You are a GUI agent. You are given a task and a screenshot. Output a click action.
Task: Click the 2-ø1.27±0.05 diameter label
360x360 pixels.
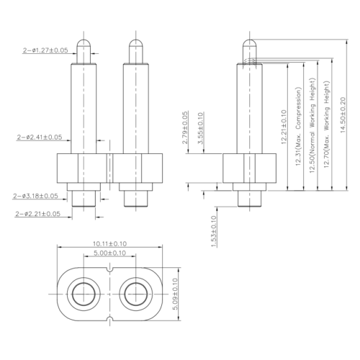pyautogui.click(x=45, y=50)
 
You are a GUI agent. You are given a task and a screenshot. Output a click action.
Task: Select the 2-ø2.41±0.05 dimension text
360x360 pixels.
pyautogui.click(x=40, y=138)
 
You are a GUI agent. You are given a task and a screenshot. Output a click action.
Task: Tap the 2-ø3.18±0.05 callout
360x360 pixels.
pyautogui.click(x=35, y=196)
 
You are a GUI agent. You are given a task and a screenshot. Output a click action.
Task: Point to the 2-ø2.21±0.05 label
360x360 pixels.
pyautogui.click(x=37, y=214)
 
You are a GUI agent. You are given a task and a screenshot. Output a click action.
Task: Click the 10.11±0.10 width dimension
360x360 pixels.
pyautogui.click(x=109, y=244)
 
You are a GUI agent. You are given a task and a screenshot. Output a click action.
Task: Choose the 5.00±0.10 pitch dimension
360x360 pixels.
pyautogui.click(x=109, y=253)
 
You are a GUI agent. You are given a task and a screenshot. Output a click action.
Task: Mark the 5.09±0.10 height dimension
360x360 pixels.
pyautogui.click(x=175, y=294)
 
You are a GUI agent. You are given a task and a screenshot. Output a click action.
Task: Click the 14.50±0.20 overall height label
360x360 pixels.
pyautogui.click(x=343, y=114)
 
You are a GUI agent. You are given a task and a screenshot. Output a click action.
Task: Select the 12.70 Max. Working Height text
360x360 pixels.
pyautogui.click(x=327, y=125)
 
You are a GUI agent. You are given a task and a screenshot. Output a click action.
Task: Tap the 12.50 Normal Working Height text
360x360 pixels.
pyautogui.click(x=312, y=125)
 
